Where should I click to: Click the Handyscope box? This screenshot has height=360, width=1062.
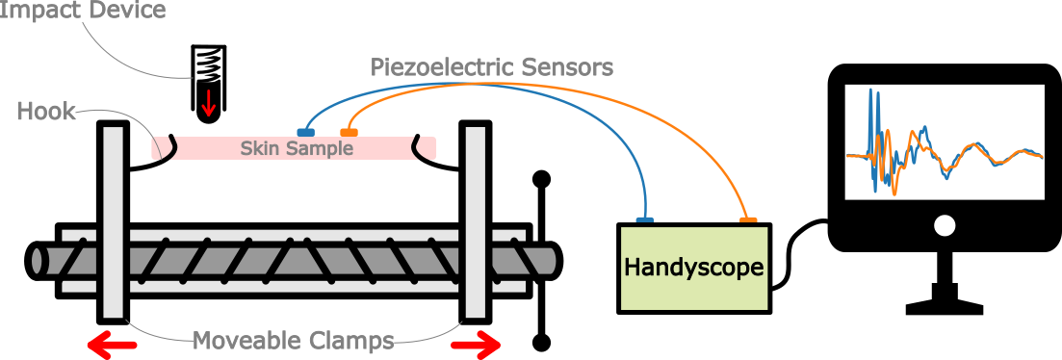694,268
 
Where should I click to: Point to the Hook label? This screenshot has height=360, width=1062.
46,112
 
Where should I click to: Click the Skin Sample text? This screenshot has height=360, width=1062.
297,148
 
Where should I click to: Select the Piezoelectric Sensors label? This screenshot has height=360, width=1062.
492,67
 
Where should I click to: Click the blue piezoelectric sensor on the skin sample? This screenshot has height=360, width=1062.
304,131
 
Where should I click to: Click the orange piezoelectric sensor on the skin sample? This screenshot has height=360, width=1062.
350,131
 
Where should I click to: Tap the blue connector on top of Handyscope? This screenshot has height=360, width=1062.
645,220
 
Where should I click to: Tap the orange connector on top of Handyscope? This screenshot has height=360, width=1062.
747,220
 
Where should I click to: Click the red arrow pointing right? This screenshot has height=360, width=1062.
476,344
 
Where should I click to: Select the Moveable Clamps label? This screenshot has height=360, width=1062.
293,340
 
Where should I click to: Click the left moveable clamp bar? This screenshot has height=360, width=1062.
113,220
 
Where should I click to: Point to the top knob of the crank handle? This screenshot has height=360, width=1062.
542,179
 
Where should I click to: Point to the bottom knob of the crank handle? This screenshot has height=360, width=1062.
542,341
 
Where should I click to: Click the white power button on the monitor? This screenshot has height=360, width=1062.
945,226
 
